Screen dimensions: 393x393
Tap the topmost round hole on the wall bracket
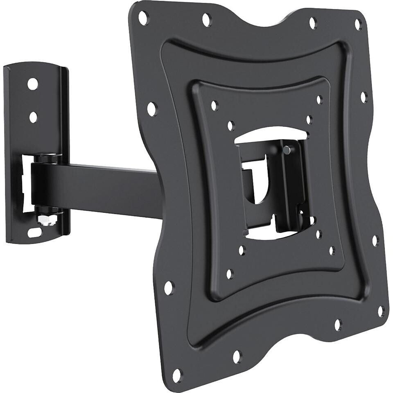[33, 84]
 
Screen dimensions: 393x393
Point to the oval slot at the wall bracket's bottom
[34, 233]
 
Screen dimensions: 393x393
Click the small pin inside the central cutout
[287, 150]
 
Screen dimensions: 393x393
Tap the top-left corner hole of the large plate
[143, 18]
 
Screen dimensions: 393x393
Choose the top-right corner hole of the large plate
[358, 24]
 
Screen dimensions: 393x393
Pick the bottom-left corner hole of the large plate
[177, 374]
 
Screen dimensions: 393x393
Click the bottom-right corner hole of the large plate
[381, 311]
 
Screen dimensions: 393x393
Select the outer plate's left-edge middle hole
[152, 109]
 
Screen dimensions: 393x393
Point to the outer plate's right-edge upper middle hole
[364, 97]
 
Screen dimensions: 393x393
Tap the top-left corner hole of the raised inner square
[214, 105]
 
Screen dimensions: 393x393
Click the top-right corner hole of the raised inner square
[319, 99]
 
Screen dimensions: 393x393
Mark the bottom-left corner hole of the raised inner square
[230, 274]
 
